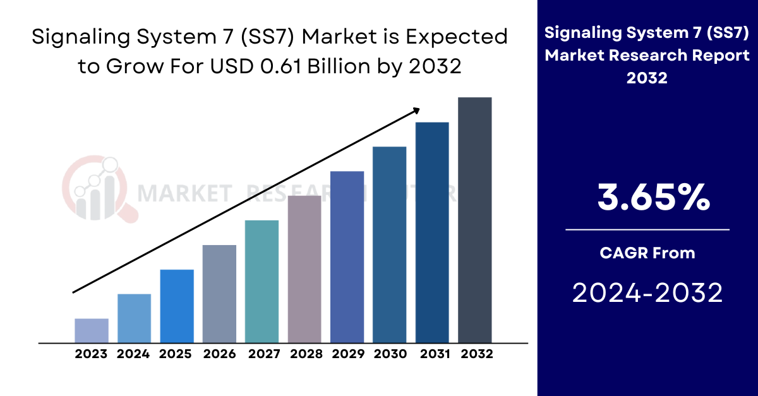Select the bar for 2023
pos(92,330)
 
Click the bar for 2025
pos(177,306)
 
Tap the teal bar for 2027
pos(262,282)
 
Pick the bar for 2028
pos(304,269)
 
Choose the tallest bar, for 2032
pos(474,220)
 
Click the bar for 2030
pos(389,244)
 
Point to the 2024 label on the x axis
pos(133,354)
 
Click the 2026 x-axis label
pos(219,354)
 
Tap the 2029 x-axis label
pos(347,354)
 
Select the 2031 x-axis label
pos(433,354)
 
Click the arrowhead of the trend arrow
pos(416,110)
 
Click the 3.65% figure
pos(654,198)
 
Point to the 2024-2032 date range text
pos(647,293)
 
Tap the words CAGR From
pos(647,253)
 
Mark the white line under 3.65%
pos(647,230)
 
